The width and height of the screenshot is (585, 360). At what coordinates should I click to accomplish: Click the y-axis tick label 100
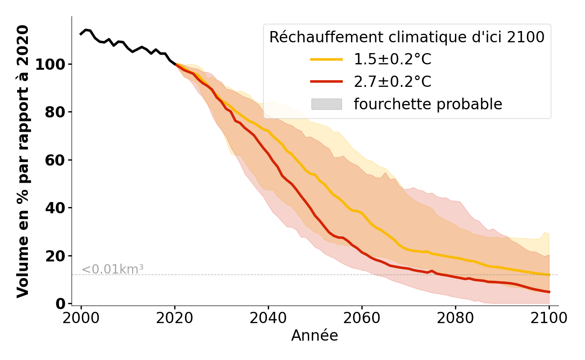coord(51,64)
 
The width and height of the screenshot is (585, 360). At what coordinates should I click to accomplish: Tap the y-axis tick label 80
coord(55,112)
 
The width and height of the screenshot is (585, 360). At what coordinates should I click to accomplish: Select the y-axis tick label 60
coord(55,160)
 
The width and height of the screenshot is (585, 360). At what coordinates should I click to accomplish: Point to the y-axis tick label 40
coord(55,208)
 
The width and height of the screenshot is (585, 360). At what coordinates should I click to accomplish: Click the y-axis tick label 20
coord(55,256)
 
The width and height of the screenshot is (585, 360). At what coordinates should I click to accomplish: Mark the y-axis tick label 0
coord(60,304)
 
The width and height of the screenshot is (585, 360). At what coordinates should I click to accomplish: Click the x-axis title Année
coord(315,336)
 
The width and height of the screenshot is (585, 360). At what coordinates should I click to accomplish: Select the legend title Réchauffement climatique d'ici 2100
coord(407,37)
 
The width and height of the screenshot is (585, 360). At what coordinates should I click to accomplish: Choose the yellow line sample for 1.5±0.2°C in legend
coord(327,59)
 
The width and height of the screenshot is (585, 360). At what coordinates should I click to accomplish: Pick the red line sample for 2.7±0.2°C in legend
coord(327,81)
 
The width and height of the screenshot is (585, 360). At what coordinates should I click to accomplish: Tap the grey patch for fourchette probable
coord(327,104)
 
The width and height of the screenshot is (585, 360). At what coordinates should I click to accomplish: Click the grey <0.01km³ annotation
coord(112,270)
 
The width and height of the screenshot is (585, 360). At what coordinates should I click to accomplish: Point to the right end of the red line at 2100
coord(549,292)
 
